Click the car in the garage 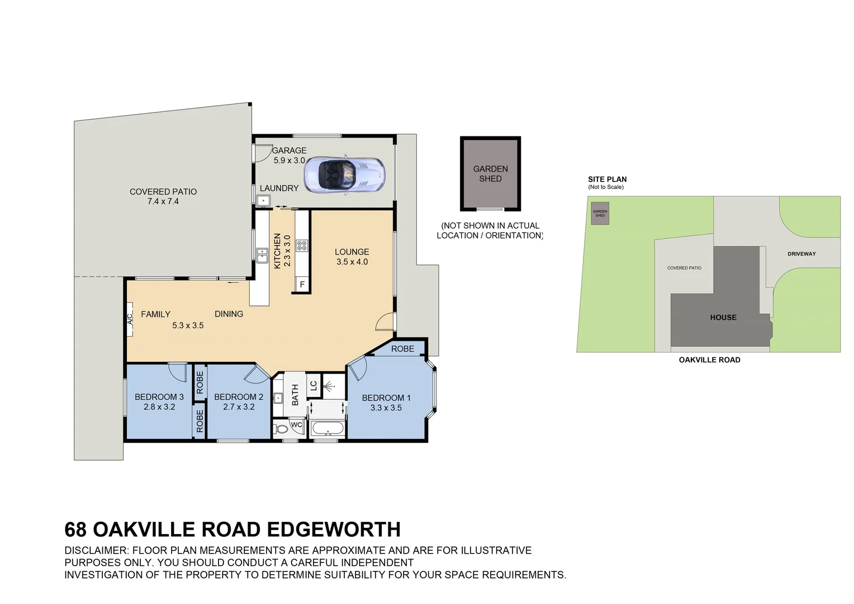tap(344, 175)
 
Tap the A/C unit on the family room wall tap(130, 319)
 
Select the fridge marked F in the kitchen tap(302, 285)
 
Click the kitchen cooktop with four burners tap(302, 246)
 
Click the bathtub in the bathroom tap(328, 428)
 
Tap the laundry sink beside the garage tap(263, 200)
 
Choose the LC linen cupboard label tap(314, 386)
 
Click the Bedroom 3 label tap(159, 397)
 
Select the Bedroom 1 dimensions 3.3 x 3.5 tap(386, 408)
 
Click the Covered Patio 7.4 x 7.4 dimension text tap(163, 201)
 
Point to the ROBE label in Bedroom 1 tap(402, 349)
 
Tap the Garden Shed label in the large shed tap(490, 173)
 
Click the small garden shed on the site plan tap(600, 213)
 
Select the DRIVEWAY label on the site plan tap(802, 254)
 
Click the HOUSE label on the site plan tap(723, 318)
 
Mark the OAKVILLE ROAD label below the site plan tap(709, 360)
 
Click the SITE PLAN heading tap(608, 180)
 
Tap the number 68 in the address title tap(75, 530)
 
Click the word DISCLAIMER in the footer tap(96, 550)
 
